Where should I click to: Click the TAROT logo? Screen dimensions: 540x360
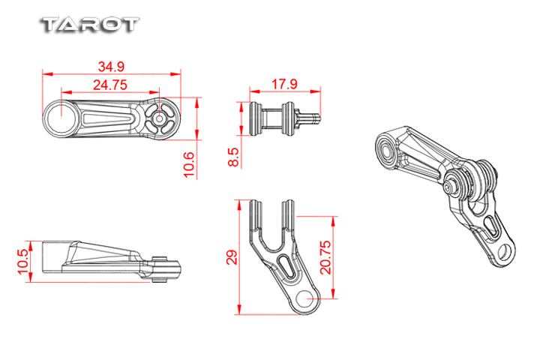pyautogui.click(x=90, y=25)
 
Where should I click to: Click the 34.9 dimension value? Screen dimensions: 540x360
pyautogui.click(x=111, y=67)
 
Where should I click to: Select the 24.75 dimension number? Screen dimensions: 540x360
pyautogui.click(x=110, y=85)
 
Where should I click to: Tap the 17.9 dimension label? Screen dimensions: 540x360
pyautogui.click(x=284, y=84)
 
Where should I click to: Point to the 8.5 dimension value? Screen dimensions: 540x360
pyautogui.click(x=233, y=157)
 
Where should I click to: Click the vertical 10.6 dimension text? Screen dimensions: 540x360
pyautogui.click(x=189, y=165)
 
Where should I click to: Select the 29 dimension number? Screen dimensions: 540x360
pyautogui.click(x=232, y=257)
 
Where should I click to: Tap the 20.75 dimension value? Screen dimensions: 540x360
pyautogui.click(x=325, y=257)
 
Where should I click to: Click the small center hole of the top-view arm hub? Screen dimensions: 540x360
pyautogui.click(x=159, y=118)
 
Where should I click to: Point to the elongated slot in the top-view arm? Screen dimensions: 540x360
pyautogui.click(x=108, y=118)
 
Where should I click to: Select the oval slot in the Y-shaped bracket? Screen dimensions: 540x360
pyautogui.click(x=286, y=266)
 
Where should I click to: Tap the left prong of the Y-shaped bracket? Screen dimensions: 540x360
pyautogui.click(x=256, y=216)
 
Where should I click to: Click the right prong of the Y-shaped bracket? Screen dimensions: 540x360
pyautogui.click(x=288, y=214)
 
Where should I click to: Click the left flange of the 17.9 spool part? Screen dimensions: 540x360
pyautogui.click(x=255, y=118)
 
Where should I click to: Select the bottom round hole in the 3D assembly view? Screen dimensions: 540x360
pyautogui.click(x=505, y=250)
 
